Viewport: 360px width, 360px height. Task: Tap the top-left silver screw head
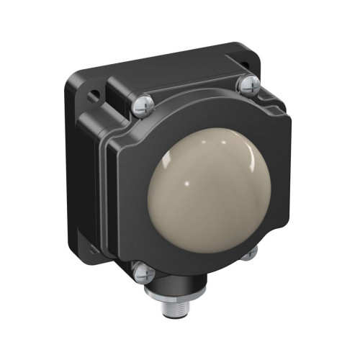(142, 106)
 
